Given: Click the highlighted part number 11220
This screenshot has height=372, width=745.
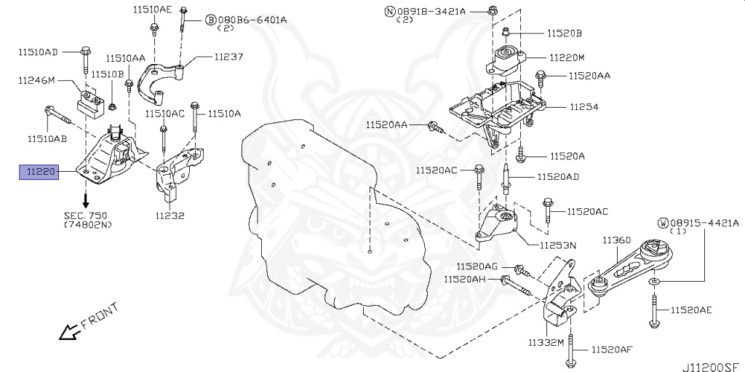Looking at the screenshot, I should (39, 173).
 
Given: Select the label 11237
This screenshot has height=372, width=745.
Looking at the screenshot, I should (228, 56).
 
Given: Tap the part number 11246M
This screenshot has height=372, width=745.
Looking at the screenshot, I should (36, 80).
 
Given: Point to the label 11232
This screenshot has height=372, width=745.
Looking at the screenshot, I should (170, 215).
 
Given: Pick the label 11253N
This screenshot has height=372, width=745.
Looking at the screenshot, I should (558, 245).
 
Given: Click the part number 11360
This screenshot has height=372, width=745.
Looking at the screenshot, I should (616, 240).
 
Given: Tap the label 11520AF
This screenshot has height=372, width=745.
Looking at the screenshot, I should (611, 350).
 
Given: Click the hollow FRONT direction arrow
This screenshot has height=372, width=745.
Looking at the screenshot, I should (69, 333).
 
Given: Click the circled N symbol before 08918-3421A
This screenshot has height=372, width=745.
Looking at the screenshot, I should (390, 11).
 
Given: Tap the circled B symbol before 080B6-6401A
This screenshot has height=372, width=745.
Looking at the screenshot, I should (210, 20).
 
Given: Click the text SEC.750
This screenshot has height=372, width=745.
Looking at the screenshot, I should (86, 216).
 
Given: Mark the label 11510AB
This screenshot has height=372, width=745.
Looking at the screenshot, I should (47, 138).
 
